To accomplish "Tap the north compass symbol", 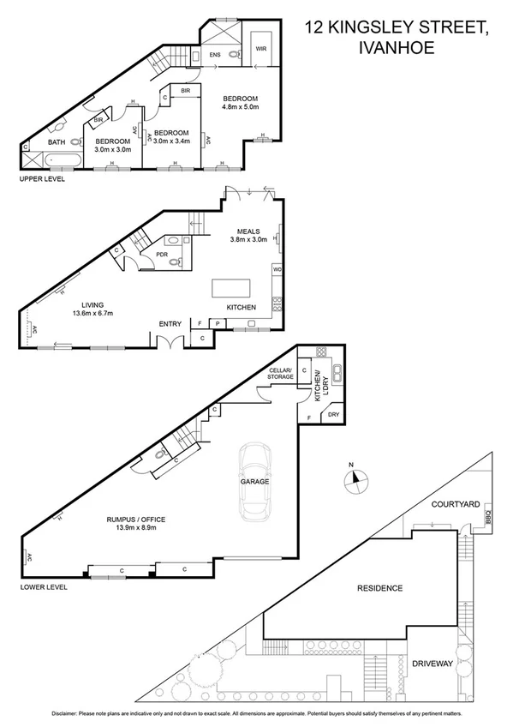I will point(360,479).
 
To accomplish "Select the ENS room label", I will point(214,55).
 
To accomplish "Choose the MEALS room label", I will point(250,231).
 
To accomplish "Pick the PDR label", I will point(161,254).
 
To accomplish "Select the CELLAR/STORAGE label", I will point(280,373).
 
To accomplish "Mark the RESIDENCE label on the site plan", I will point(379,588).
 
